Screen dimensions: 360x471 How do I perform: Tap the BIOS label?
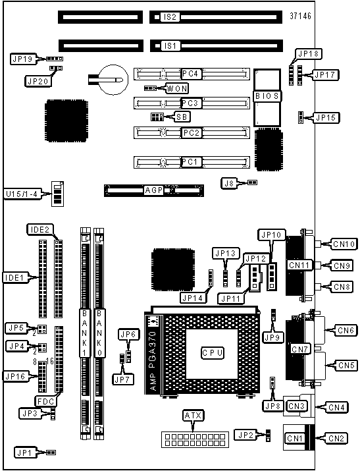(267, 96)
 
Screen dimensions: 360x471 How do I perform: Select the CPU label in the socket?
(212, 352)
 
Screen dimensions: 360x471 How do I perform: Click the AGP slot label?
(154, 190)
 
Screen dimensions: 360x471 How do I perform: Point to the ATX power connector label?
(193, 416)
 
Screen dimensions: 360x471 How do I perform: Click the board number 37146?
(300, 16)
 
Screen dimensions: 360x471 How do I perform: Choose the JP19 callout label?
(22, 59)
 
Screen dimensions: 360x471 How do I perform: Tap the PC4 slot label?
(192, 74)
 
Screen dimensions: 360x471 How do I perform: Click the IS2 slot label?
(170, 17)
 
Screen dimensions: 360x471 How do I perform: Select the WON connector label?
(177, 88)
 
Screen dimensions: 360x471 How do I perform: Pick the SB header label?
(182, 117)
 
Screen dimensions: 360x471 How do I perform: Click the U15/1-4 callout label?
(22, 194)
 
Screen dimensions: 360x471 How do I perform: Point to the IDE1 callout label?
(14, 277)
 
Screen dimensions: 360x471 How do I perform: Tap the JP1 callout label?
(24, 453)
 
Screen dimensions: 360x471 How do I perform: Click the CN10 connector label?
(344, 244)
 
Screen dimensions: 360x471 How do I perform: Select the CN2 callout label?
(336, 439)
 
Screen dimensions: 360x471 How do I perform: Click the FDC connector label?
(45, 401)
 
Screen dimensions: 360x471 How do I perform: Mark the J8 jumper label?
(229, 183)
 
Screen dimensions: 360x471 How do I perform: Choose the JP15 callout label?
(326, 117)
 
